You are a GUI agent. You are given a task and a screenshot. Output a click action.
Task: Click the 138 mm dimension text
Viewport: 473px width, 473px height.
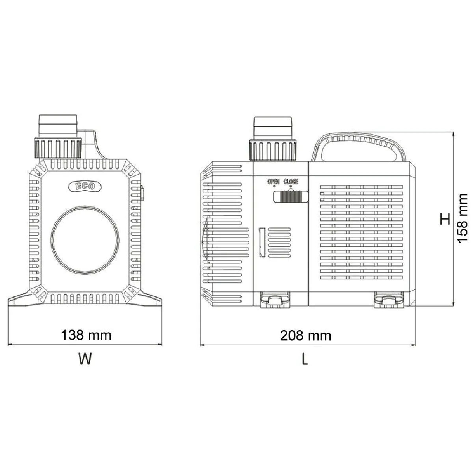(86, 335)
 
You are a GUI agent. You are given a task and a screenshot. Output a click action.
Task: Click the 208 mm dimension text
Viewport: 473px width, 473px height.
(305, 335)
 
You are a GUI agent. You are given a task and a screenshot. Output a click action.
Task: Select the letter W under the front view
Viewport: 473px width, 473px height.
(85, 359)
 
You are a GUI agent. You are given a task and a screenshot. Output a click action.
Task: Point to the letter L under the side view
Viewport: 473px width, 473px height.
(304, 359)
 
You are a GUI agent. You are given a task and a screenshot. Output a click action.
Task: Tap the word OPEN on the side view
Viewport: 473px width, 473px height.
(274, 182)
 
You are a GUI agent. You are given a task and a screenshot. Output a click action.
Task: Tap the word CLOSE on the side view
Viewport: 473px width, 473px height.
(291, 182)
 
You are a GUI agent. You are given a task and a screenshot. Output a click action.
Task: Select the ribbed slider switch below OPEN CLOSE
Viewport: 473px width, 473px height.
(291, 196)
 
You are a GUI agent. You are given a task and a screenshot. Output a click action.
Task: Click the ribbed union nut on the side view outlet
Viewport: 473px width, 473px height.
(273, 149)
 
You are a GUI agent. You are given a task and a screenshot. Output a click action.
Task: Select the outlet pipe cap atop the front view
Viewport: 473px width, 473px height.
(58, 125)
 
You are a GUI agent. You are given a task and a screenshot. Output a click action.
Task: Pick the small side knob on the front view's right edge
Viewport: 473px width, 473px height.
(143, 194)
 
